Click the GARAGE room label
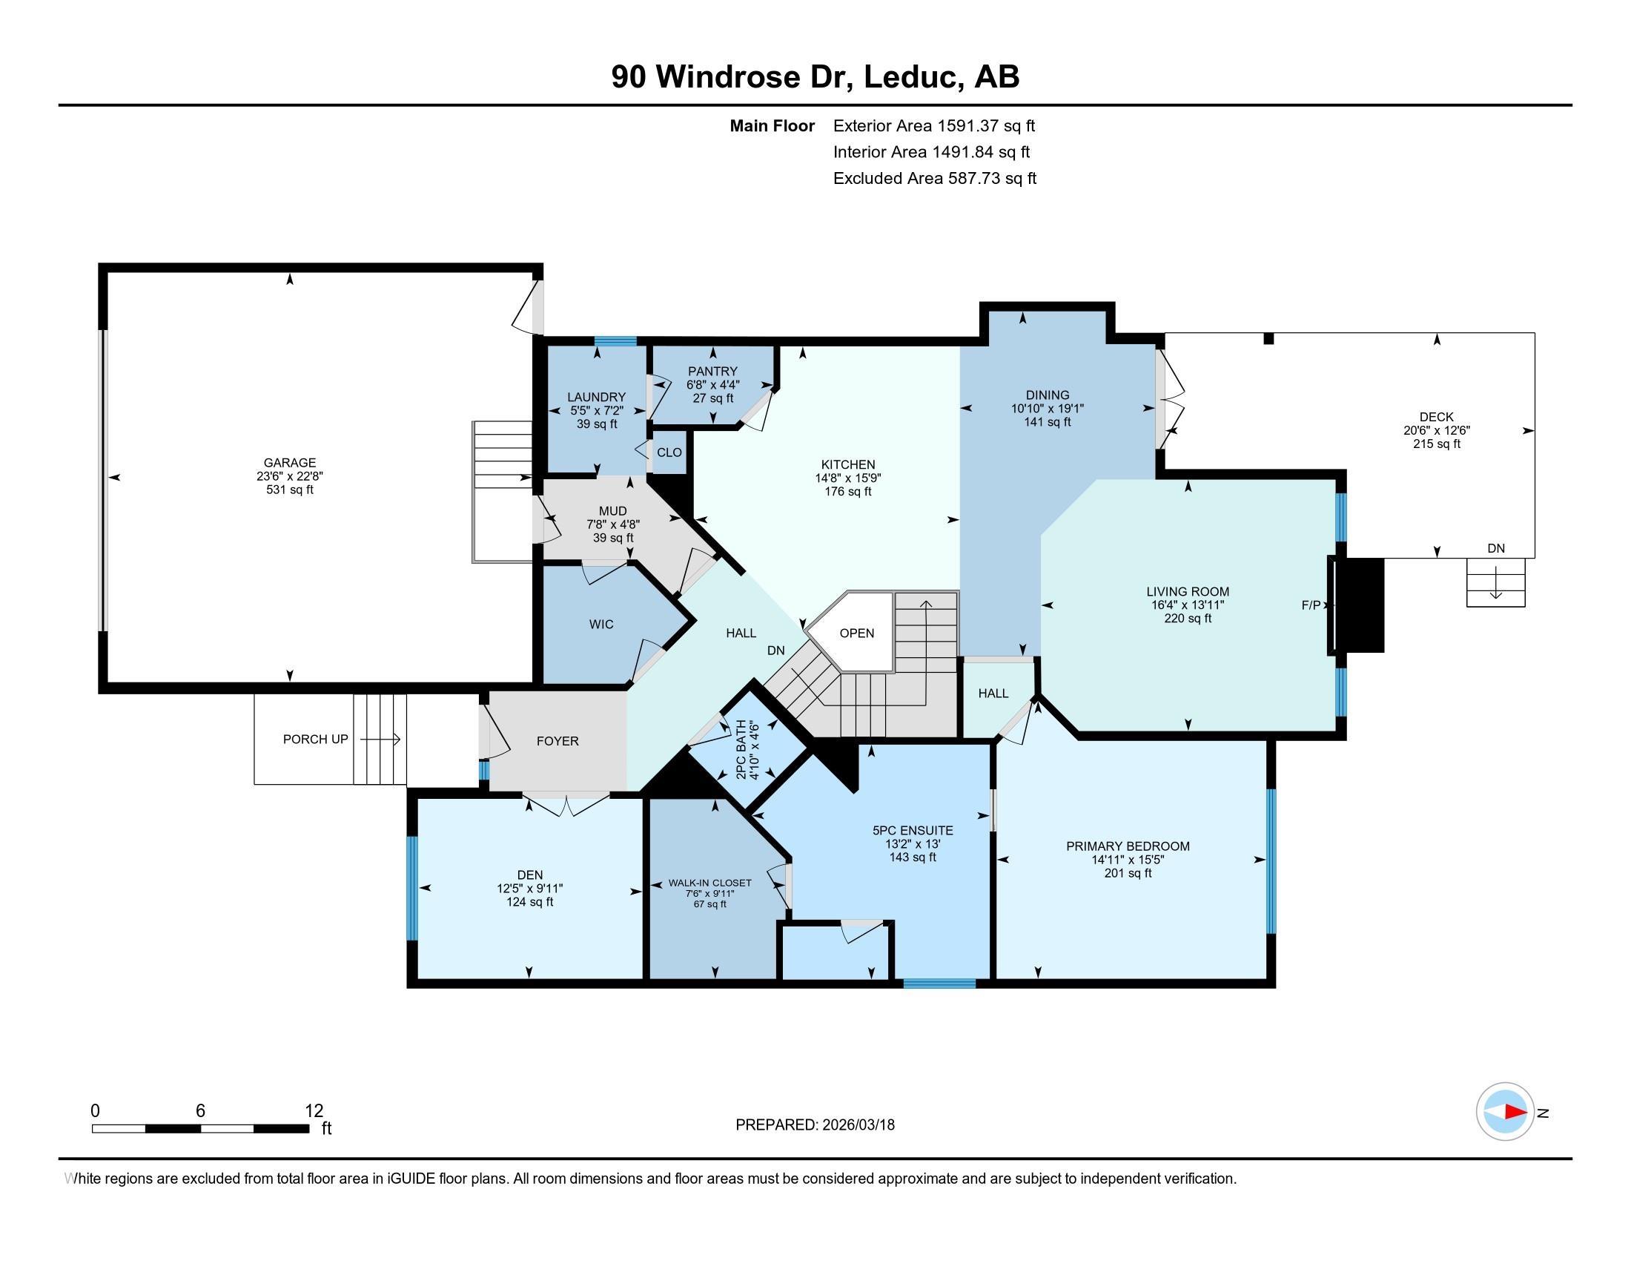coord(290,462)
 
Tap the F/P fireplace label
coord(1311,605)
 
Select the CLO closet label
coord(669,452)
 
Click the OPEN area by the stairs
coord(856,633)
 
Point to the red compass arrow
coord(1515,1112)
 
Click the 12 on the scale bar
coord(314,1110)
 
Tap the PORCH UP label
coord(315,739)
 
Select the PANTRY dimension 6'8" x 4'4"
coord(712,385)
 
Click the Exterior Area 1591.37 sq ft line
coord(933,125)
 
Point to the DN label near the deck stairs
coord(1496,548)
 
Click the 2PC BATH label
coord(741,749)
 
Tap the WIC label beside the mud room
coord(601,625)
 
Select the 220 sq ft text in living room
coord(1188,619)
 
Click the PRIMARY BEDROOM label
coord(1128,846)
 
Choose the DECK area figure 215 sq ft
coord(1436,444)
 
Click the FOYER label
coord(557,741)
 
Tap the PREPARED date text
coord(815,1125)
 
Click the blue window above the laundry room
coord(615,341)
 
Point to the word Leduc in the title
coord(912,76)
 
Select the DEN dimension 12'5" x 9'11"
coord(529,888)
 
